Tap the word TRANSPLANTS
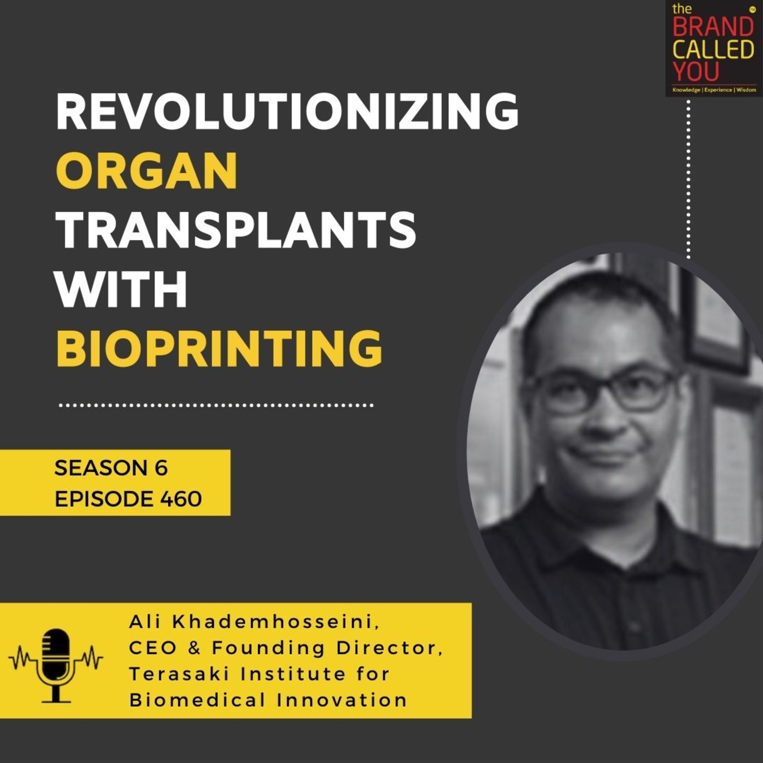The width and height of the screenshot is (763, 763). (x=236, y=230)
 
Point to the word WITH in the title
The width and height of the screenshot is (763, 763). (x=121, y=289)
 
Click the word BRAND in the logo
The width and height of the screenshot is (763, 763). (x=713, y=28)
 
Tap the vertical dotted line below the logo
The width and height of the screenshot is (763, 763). (x=689, y=178)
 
